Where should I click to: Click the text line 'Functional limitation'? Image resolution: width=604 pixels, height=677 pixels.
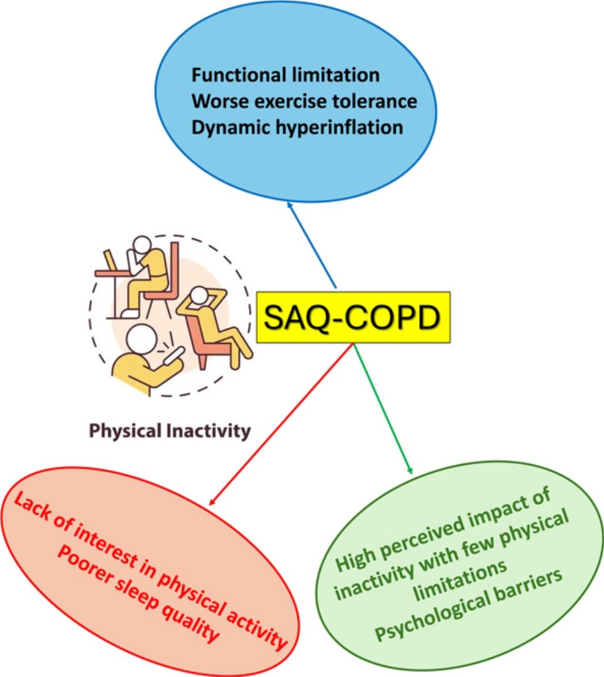[285, 75]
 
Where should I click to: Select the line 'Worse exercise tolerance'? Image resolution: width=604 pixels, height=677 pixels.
[304, 101]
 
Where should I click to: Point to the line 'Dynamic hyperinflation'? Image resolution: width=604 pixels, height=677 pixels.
[297, 127]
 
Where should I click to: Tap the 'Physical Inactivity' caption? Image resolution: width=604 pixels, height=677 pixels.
[169, 431]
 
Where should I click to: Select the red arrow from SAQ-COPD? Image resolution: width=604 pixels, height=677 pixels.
[281, 424]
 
